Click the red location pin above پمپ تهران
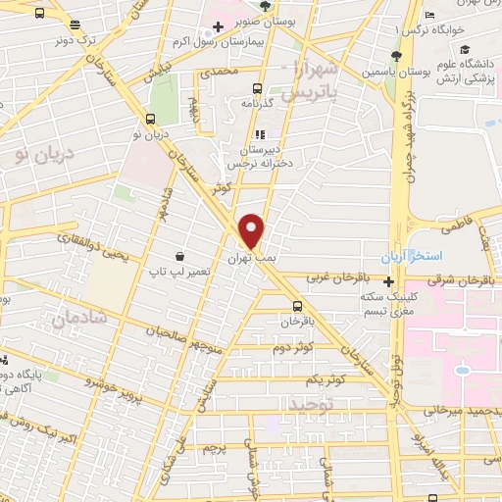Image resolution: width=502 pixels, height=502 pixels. click(253, 229)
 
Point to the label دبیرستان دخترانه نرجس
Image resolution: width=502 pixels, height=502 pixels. click(259, 158)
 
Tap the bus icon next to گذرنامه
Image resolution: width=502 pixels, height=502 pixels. click(257, 86)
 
